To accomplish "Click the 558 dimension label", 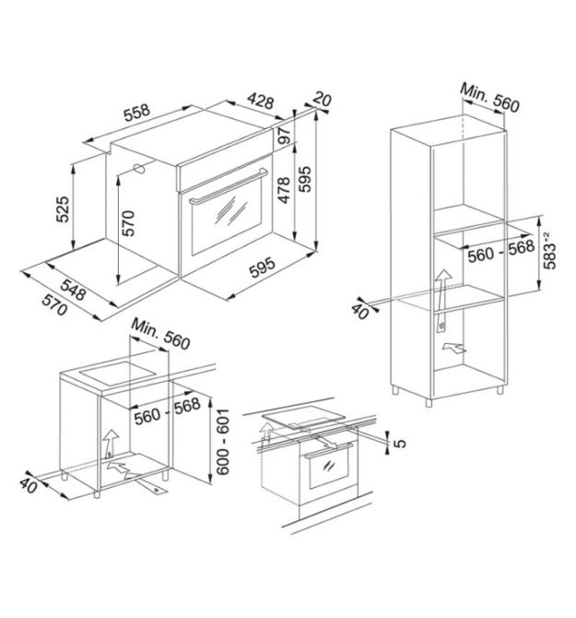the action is point(136,113).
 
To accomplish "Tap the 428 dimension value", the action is point(260,101).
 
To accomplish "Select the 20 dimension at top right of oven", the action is point(323,100).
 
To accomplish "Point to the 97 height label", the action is point(284,136).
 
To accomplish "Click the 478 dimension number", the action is point(284,190).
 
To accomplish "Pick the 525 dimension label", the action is point(62,209).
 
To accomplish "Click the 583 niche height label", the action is point(550,251).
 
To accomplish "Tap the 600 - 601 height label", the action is point(223,442).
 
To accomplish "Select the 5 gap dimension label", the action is point(399,443).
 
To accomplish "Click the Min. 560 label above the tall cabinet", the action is point(489,98).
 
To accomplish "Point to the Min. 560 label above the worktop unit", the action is point(160,333).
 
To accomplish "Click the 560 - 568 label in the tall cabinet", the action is point(500,251).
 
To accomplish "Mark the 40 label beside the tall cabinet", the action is point(359,310).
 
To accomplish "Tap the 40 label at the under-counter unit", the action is point(29,485).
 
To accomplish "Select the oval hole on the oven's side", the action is point(139,169).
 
